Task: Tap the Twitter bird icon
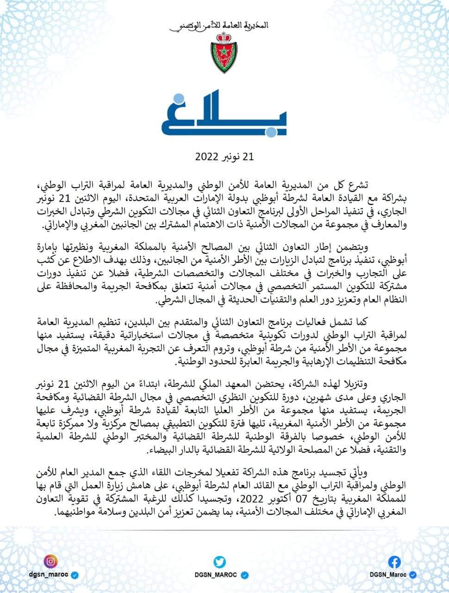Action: [219, 561]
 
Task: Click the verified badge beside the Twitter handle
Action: [246, 574]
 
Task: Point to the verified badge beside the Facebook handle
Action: [413, 574]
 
